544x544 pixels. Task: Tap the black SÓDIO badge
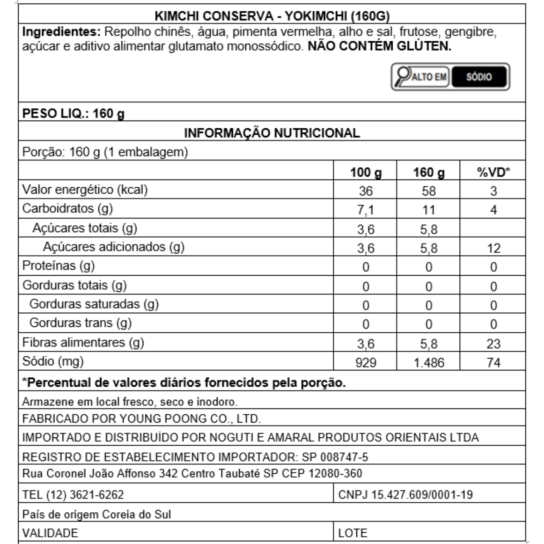tap(479, 77)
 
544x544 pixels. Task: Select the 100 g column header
tap(365, 172)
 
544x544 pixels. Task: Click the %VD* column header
tap(493, 172)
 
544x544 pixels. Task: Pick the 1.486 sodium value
tap(429, 363)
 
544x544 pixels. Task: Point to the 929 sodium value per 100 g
tap(365, 363)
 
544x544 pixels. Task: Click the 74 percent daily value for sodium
tap(493, 363)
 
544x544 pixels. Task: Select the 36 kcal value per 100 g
tap(365, 191)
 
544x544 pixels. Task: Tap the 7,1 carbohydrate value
tap(365, 210)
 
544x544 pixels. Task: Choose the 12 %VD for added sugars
tap(493, 248)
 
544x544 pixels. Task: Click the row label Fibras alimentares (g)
tap(83, 342)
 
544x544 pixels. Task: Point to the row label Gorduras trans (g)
tap(80, 323)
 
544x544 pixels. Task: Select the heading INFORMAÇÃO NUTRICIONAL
tap(272, 133)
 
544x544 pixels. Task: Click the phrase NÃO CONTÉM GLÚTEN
tap(379, 46)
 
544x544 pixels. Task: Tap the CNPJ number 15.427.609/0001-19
tap(422, 494)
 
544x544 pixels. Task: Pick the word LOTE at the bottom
tap(353, 533)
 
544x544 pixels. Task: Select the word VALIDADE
tap(50, 533)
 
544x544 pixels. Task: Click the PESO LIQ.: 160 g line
tap(73, 113)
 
